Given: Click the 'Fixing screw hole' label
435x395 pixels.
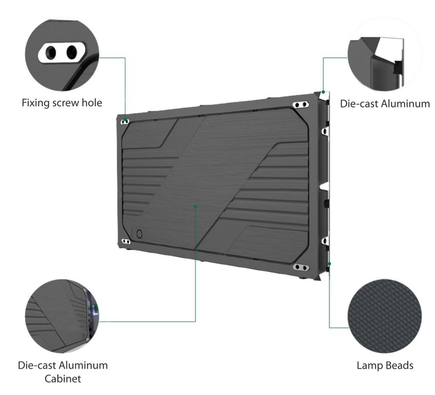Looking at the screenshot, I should click(x=62, y=103).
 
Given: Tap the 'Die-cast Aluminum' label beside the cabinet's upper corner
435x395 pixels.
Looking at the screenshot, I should click(x=385, y=104).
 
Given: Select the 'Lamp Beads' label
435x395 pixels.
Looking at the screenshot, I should click(x=385, y=365).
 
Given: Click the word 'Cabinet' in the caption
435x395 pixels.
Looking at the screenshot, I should click(x=63, y=378).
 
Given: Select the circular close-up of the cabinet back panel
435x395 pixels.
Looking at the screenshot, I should click(x=62, y=316).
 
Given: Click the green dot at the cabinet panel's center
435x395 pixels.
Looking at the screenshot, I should click(x=195, y=207).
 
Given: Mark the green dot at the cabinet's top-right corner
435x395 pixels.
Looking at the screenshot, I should click(x=323, y=92).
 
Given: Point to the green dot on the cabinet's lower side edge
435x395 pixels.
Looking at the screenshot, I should click(x=330, y=264).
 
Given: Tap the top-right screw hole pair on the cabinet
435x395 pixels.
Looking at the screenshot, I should click(x=301, y=105).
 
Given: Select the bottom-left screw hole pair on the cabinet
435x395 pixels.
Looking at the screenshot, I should click(x=126, y=241).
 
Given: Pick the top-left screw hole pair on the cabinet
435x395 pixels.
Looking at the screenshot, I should click(x=125, y=121).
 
